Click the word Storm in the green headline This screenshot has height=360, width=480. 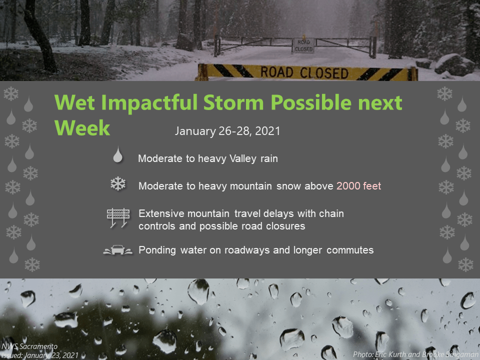click(x=233, y=102)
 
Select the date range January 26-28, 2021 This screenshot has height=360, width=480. click(x=227, y=131)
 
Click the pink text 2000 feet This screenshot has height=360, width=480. click(x=359, y=186)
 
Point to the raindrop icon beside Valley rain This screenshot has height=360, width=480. click(x=118, y=154)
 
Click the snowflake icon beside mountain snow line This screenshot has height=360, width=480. click(x=118, y=184)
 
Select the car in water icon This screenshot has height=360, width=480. click(x=118, y=250)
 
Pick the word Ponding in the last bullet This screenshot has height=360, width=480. click(x=157, y=250)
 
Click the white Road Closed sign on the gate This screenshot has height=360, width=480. click(x=303, y=45)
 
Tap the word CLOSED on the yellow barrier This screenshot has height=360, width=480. click(x=324, y=73)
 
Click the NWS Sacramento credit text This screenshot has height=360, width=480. click(x=29, y=346)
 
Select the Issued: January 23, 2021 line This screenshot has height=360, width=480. click(x=40, y=355)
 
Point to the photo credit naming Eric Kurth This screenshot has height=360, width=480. click(x=415, y=354)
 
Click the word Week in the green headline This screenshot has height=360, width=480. click(x=82, y=128)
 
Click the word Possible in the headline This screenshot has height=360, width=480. click(x=310, y=102)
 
